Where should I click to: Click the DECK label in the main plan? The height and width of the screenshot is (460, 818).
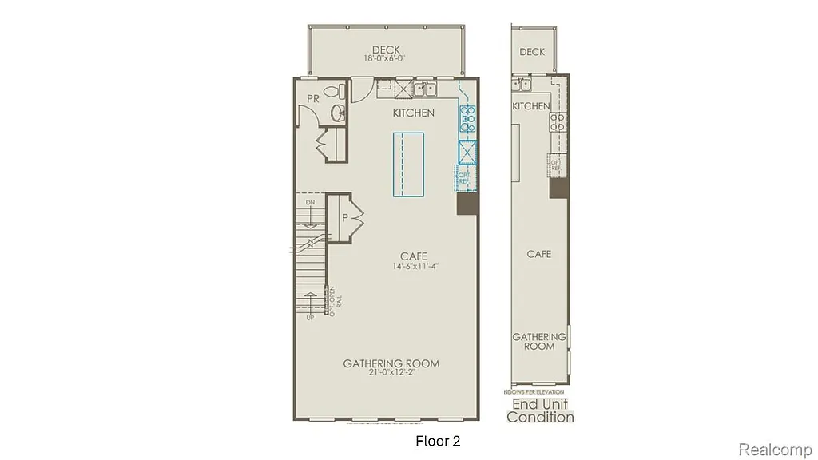tap(385, 48)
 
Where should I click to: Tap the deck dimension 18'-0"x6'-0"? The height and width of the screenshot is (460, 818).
tap(385, 58)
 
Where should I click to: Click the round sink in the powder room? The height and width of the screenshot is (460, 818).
tap(338, 113)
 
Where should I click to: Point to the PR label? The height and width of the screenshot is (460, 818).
tap(313, 98)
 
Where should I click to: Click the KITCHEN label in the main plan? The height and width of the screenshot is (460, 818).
tap(414, 113)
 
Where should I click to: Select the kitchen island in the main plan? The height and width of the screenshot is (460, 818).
tap(408, 164)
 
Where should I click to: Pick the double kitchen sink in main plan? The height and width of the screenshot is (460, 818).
tap(423, 88)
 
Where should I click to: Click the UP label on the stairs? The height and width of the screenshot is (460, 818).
tap(310, 317)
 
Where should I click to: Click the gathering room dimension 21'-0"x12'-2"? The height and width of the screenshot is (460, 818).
tap(391, 374)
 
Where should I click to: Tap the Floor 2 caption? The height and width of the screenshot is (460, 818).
tap(438, 440)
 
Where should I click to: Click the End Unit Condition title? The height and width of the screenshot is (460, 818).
tap(541, 410)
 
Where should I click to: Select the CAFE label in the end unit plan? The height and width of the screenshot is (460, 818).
tap(539, 254)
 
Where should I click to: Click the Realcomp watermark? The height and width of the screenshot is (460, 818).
tap(774, 450)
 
